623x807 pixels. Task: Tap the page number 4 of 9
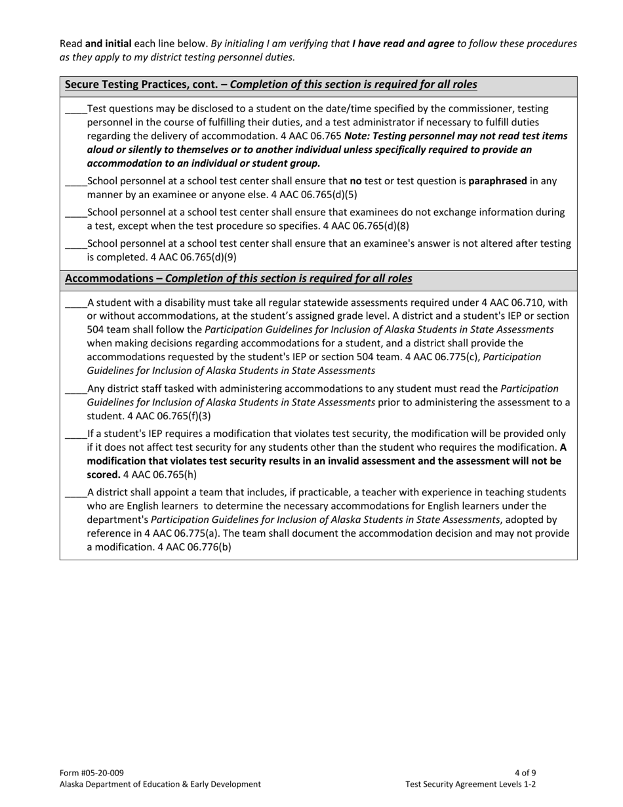pyautogui.click(x=526, y=772)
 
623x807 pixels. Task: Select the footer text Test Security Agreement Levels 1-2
pyautogui.click(x=471, y=783)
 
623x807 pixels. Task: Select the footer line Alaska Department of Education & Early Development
pyautogui.click(x=160, y=783)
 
